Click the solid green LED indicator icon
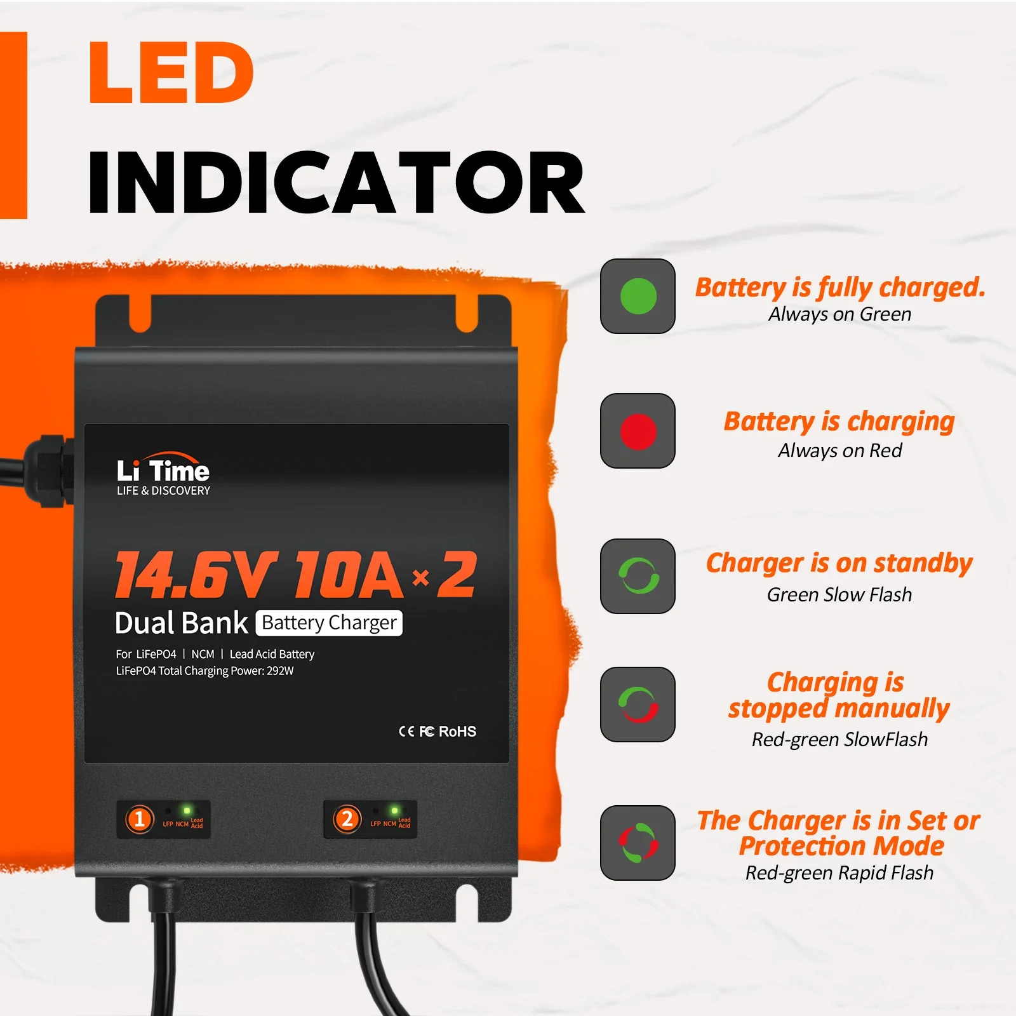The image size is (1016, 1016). pyautogui.click(x=638, y=296)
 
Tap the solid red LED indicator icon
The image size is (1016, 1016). pyautogui.click(x=638, y=431)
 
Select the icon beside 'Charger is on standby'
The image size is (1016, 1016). pyautogui.click(x=638, y=576)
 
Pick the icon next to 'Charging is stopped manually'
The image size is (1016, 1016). pyautogui.click(x=638, y=704)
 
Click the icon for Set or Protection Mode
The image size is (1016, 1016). pyautogui.click(x=638, y=843)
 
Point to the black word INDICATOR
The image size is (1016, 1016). pyautogui.click(x=336, y=183)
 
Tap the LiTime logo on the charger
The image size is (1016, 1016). pyautogui.click(x=163, y=474)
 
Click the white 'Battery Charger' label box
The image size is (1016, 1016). pyautogui.click(x=329, y=623)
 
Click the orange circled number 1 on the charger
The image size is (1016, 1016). pyautogui.click(x=140, y=819)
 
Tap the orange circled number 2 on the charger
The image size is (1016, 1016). pyautogui.click(x=347, y=819)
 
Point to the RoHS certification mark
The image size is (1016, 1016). pyautogui.click(x=457, y=732)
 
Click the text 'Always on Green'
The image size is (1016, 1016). pyautogui.click(x=839, y=314)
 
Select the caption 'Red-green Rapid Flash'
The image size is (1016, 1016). pyautogui.click(x=839, y=873)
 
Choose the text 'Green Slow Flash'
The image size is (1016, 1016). pyautogui.click(x=839, y=594)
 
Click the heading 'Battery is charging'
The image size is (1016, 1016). pyautogui.click(x=839, y=422)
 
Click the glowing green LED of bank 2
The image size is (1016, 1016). pyautogui.click(x=394, y=810)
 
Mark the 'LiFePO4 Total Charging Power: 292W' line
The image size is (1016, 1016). pyautogui.click(x=204, y=671)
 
